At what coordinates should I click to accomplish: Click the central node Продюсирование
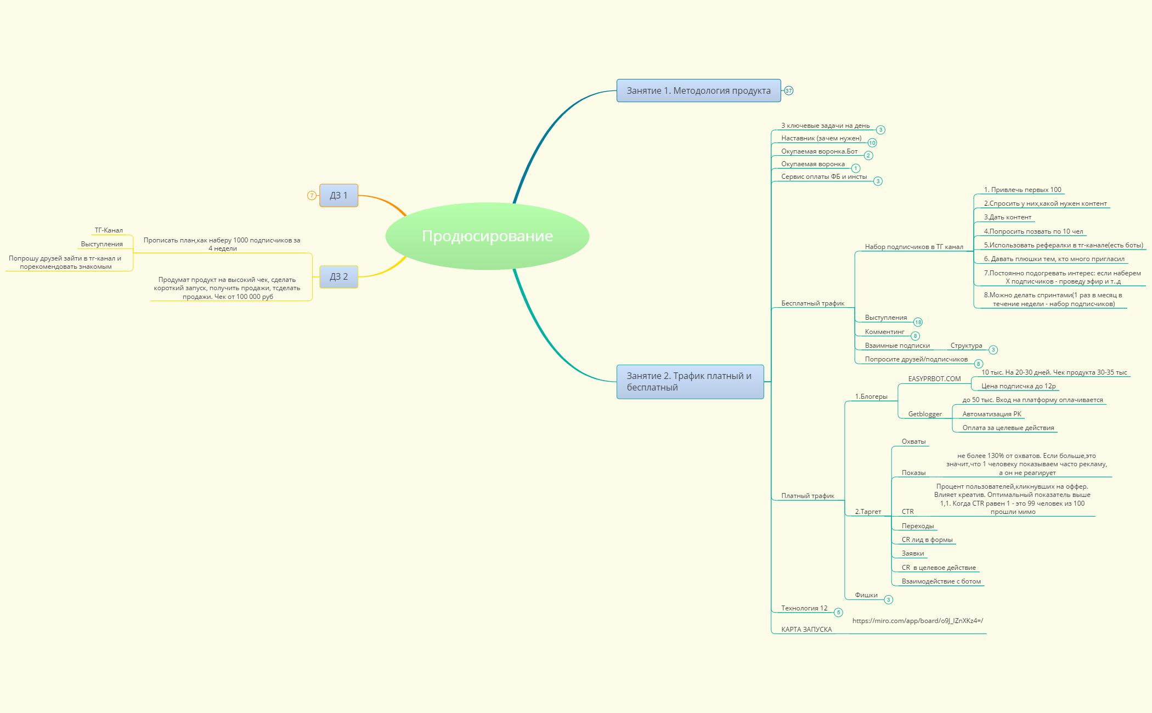coord(487,236)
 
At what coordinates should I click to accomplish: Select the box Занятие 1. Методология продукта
coord(698,90)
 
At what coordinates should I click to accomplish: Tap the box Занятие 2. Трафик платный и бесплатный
coord(690,382)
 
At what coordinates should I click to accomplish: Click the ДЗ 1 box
coord(338,195)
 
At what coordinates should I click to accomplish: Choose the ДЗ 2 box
coord(338,276)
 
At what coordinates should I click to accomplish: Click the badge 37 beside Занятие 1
coord(788,90)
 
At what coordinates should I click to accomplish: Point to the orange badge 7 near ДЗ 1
coord(312,195)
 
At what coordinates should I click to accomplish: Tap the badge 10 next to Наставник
coord(872,143)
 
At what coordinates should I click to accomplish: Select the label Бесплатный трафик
coord(812,303)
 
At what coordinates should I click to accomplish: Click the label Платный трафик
coord(807,496)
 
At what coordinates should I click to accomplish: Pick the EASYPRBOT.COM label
coord(934,379)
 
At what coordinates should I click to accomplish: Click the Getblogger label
coord(925,414)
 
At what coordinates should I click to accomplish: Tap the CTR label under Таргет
coord(908,512)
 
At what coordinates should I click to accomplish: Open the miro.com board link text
coord(918,621)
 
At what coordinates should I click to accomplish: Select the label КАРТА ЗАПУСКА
coord(806,630)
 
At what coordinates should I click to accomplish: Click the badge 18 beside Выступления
coord(918,322)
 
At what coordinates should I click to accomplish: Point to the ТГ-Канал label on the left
coord(109,230)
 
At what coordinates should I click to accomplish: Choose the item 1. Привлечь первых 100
coord(1023,190)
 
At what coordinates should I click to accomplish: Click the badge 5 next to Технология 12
coord(838,612)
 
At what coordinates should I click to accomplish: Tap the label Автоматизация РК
coord(992,414)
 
